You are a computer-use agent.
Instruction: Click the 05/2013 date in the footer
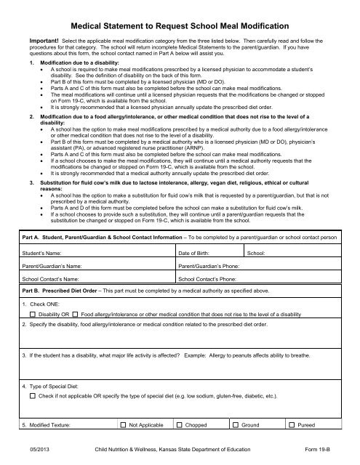pyautogui.click(x=33, y=450)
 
